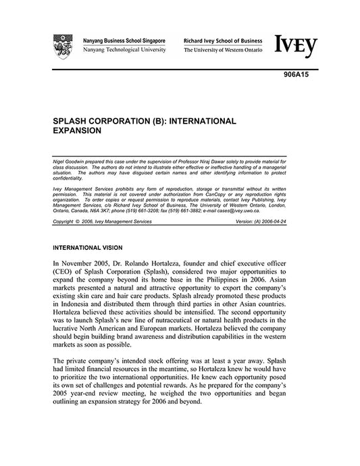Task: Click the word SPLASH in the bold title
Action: (x=70, y=121)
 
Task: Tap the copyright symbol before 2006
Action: (x=76, y=222)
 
